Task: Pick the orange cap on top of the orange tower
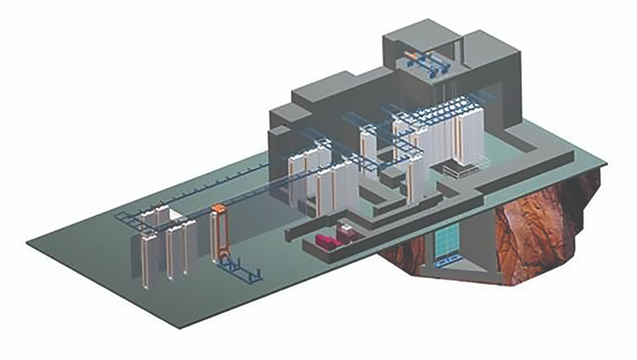point(219,208)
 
